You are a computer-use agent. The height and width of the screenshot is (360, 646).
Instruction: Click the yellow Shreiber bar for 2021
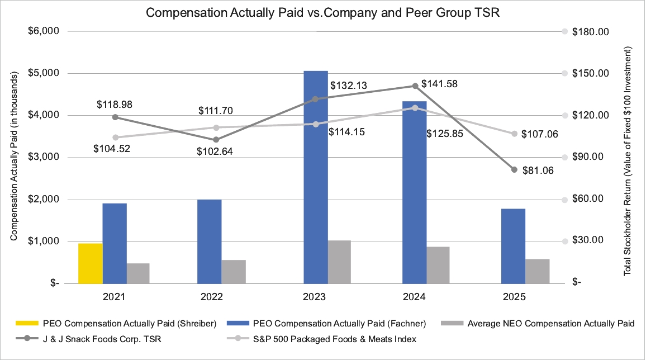[91, 263]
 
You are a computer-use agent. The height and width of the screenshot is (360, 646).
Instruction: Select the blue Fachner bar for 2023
[316, 177]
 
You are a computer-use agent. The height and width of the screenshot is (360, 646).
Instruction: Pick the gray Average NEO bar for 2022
[234, 272]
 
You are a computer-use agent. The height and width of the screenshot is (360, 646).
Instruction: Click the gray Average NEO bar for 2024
[438, 265]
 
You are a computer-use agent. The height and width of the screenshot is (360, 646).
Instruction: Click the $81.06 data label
[538, 171]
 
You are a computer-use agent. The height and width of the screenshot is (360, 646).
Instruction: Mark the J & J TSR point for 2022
[216, 140]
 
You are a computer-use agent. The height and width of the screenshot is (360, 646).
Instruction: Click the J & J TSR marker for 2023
[315, 99]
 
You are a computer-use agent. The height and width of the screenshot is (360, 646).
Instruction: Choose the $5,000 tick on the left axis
[44, 73]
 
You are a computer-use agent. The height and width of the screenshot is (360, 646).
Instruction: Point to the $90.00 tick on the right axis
[590, 157]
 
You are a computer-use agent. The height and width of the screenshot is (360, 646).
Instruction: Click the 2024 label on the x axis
[414, 297]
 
